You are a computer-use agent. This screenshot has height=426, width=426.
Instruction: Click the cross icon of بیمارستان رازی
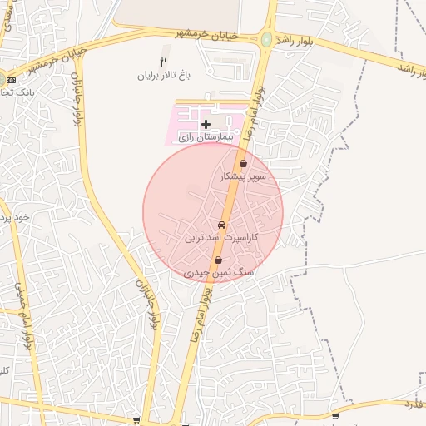point(206,124)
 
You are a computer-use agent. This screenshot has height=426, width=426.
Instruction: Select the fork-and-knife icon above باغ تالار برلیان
point(164,62)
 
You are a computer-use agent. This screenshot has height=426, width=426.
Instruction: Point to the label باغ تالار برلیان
point(165,75)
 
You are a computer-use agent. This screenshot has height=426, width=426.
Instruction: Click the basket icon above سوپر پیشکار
point(243,164)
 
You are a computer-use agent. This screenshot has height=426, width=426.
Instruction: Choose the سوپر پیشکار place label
point(242,177)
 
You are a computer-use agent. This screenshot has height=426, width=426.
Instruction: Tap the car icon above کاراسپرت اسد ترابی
point(221,225)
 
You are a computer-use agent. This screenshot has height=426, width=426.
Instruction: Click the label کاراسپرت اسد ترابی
point(222,238)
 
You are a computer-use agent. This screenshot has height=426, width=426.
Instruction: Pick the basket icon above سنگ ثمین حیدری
point(218,260)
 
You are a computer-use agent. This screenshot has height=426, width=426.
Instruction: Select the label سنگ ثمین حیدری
point(219,273)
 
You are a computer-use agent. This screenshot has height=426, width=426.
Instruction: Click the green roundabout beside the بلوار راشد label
point(266,39)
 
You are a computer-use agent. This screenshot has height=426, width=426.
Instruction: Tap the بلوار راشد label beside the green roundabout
point(299,42)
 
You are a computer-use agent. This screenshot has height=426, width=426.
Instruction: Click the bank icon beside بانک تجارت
point(11,80)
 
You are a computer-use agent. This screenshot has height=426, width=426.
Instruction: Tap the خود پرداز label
point(13,217)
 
